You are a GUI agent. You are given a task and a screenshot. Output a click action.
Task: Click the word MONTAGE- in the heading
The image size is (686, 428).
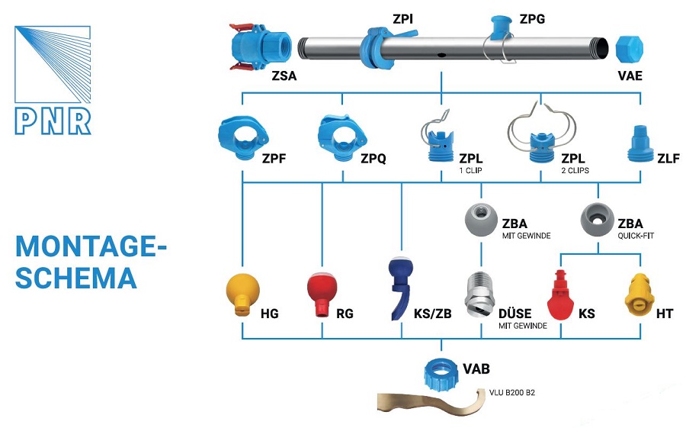coord(91,247)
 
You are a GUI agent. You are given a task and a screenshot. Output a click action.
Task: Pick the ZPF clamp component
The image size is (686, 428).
coord(241,137)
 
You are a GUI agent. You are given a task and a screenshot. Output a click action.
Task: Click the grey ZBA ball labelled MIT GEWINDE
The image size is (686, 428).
coord(481,217)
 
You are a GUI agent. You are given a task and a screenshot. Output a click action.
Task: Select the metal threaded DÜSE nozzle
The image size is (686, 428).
coord(480,298)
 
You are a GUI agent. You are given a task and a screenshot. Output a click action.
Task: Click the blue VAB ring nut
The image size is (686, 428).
coord(441,371)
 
